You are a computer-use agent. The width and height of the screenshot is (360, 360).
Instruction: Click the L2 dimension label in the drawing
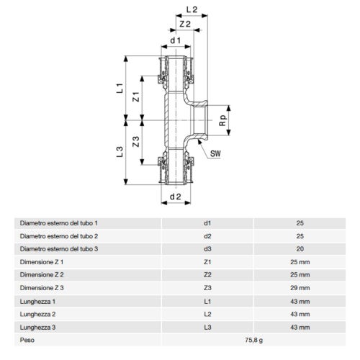pyautogui.click(x=192, y=10)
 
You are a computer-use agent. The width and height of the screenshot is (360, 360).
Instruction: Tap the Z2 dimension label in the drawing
pyautogui.click(x=184, y=24)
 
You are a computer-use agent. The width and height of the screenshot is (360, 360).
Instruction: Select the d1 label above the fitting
pyautogui.click(x=174, y=42)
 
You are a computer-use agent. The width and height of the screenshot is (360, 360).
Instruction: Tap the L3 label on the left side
pyautogui.click(x=121, y=152)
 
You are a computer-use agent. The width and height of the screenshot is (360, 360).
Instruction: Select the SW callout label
pyautogui.click(x=215, y=153)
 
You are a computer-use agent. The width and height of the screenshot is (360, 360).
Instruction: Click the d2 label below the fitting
pyautogui.click(x=174, y=196)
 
